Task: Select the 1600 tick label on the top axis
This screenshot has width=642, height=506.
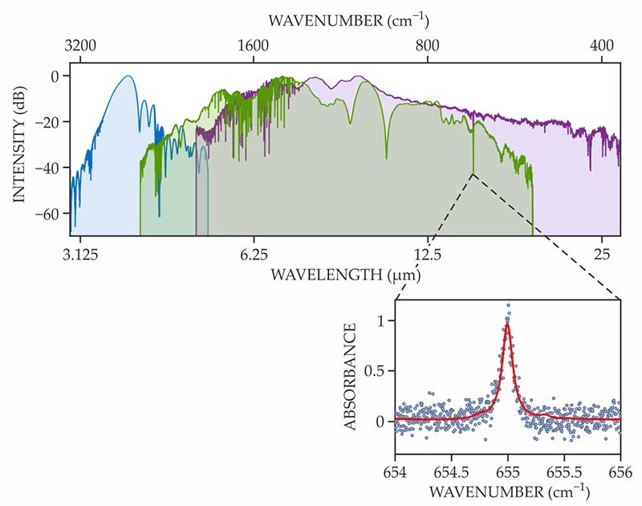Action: pyautogui.click(x=254, y=46)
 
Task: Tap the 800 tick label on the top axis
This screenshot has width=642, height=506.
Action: pyautogui.click(x=429, y=46)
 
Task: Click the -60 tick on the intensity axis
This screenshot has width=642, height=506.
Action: pyautogui.click(x=51, y=214)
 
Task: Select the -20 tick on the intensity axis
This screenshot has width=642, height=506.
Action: pyautogui.click(x=51, y=122)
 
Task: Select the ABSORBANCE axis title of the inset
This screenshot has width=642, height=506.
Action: pyautogui.click(x=351, y=376)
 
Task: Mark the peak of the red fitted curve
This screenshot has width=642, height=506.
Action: pyautogui.click(x=507, y=324)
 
